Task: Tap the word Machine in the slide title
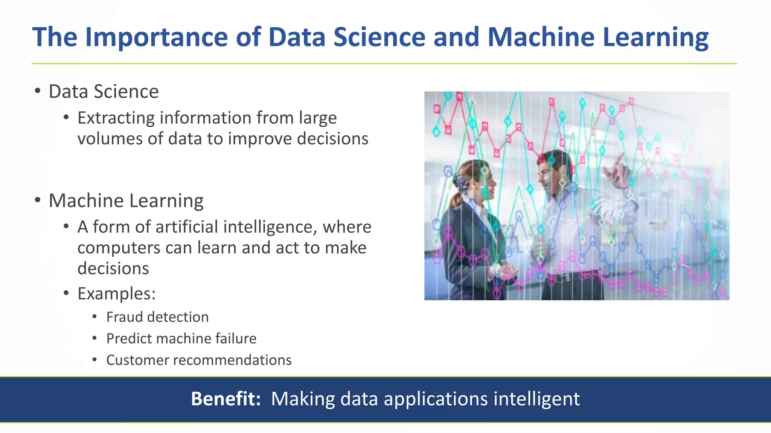click(x=541, y=37)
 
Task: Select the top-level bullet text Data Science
click(x=104, y=91)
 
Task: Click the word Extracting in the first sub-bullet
click(x=116, y=118)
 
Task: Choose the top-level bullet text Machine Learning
click(x=126, y=201)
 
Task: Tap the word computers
click(x=118, y=248)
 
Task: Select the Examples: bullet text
click(x=116, y=294)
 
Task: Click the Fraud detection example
click(x=157, y=317)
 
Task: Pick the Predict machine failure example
click(x=181, y=339)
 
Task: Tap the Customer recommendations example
click(x=199, y=360)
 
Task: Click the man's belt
click(x=572, y=277)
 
